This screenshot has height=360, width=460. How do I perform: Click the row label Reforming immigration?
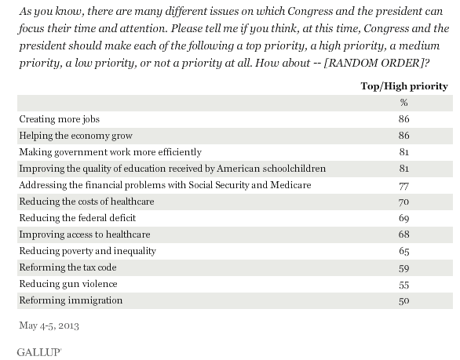[x=60, y=300]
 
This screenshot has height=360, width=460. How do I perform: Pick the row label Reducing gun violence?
[x=60, y=283]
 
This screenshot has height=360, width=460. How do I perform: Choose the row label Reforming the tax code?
[x=62, y=267]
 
